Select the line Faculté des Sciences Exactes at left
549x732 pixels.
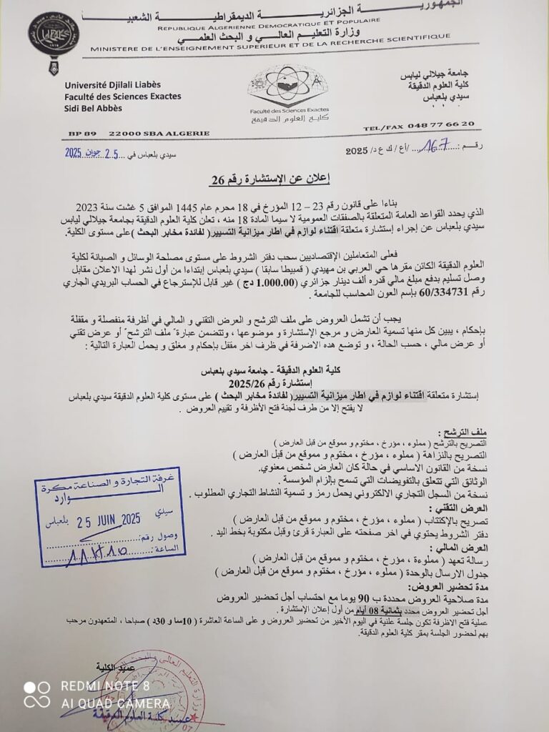tap(122, 97)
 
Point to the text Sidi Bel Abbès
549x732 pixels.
tap(93, 108)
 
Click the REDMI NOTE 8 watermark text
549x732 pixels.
tap(105, 686)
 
